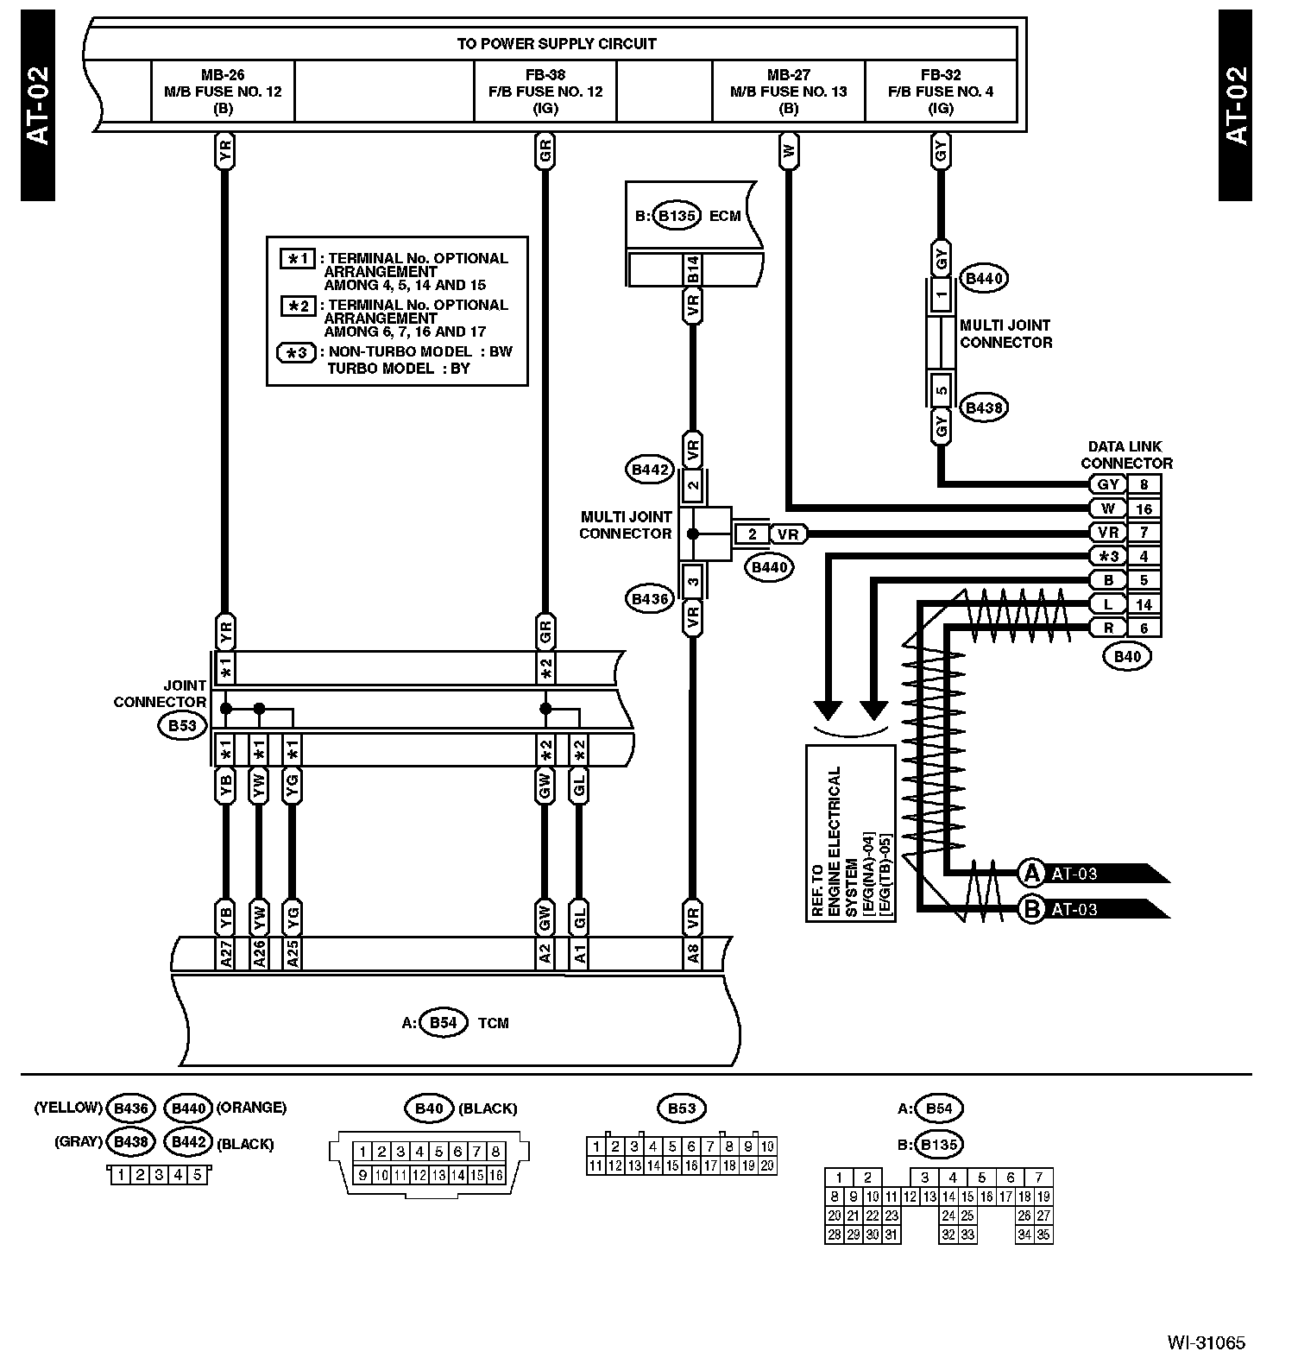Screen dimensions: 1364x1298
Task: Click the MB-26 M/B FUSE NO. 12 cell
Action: click(x=223, y=91)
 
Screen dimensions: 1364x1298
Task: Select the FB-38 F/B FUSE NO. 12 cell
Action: click(x=545, y=91)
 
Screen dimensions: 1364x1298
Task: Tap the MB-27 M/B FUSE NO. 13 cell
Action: click(x=788, y=91)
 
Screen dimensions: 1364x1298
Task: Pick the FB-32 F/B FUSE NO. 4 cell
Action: click(x=940, y=91)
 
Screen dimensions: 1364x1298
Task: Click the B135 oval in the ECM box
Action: click(x=677, y=216)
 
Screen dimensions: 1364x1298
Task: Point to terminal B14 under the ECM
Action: click(x=692, y=269)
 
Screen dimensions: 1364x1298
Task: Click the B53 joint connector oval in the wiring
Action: click(x=182, y=725)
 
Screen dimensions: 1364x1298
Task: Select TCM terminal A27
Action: click(x=224, y=953)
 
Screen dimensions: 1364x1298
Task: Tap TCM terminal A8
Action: click(x=692, y=953)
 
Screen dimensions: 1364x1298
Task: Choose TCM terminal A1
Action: click(x=579, y=953)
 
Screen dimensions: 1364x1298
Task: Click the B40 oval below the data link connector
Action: click(x=1127, y=656)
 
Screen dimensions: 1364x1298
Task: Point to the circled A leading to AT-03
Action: click(x=1031, y=874)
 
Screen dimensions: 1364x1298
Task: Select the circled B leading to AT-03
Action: click(x=1031, y=909)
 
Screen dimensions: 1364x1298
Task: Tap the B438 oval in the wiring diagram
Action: click(x=983, y=407)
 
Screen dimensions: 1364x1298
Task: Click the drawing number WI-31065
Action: click(x=1206, y=1342)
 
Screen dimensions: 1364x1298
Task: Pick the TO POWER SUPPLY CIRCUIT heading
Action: click(x=556, y=43)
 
